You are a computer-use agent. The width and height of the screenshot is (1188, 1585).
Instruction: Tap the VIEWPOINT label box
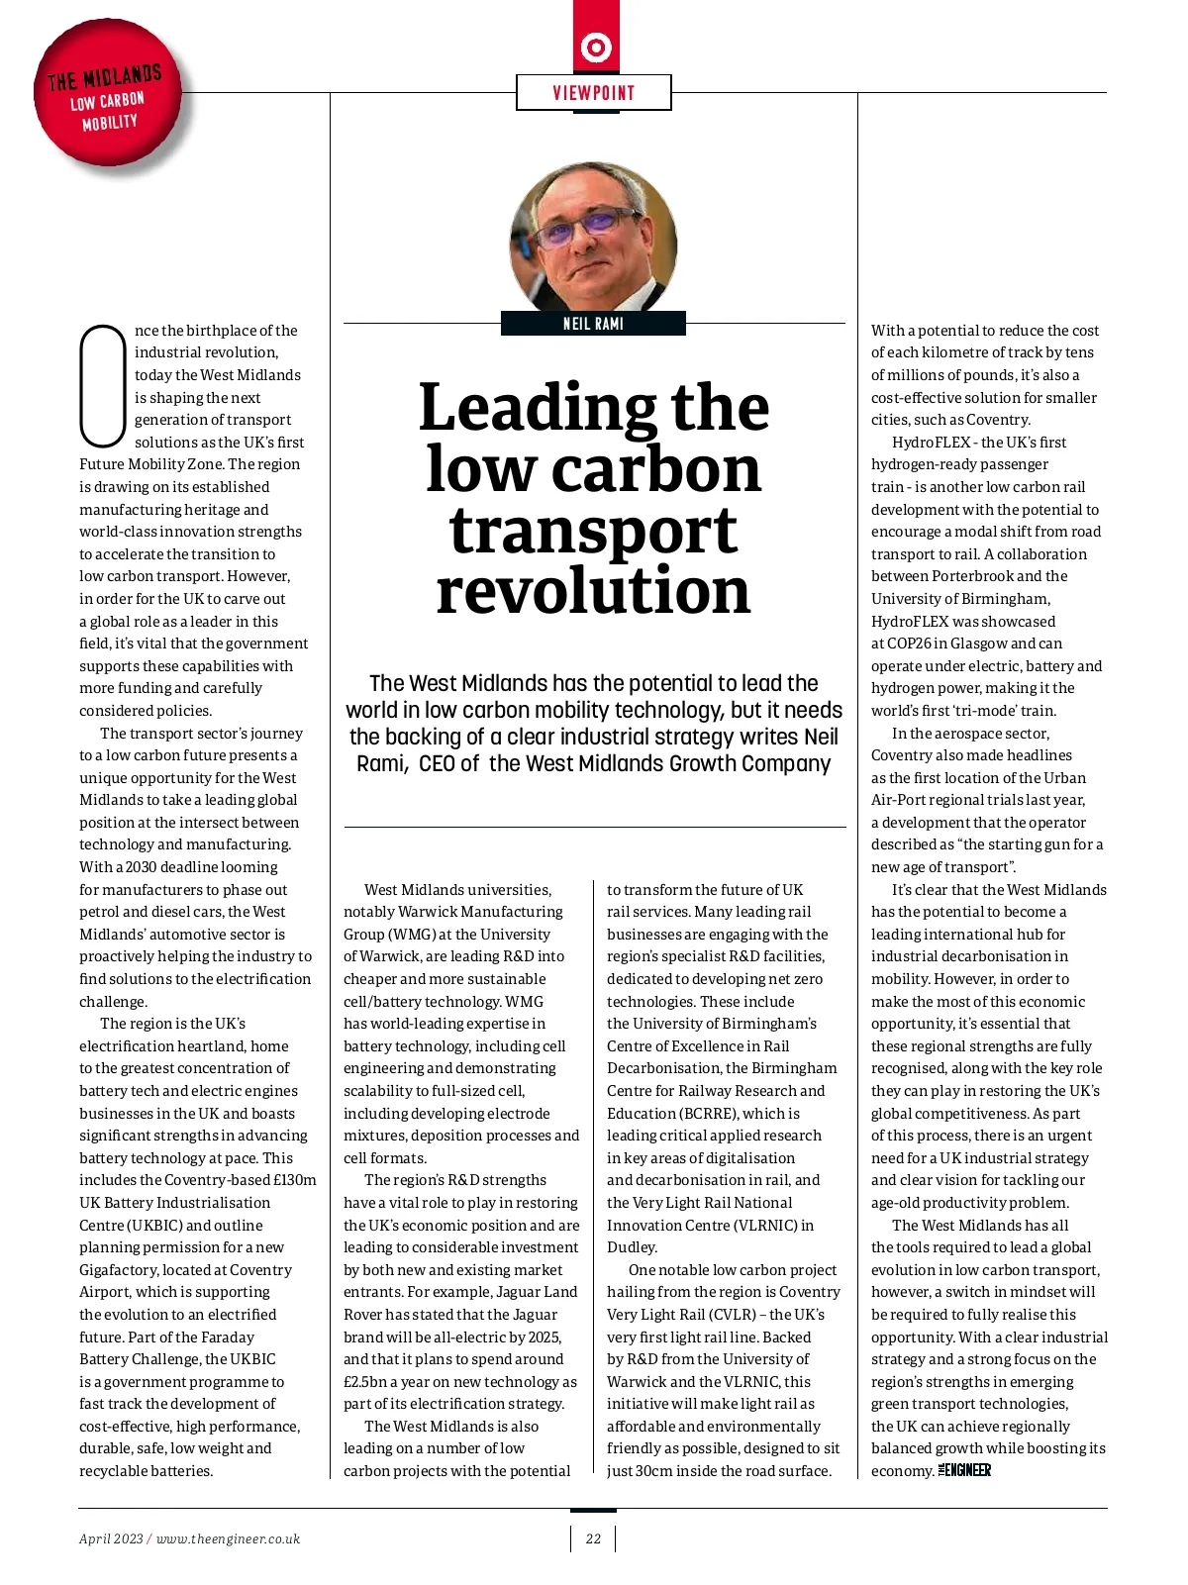(x=594, y=93)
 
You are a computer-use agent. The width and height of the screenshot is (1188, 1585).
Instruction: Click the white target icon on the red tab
(x=596, y=47)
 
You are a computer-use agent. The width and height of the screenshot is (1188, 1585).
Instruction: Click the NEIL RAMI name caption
(x=593, y=324)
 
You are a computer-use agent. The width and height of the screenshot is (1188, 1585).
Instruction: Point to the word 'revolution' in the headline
(x=593, y=592)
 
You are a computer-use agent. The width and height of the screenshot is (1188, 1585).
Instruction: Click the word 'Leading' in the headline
(x=539, y=408)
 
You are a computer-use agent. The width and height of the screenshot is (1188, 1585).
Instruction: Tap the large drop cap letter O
(x=102, y=385)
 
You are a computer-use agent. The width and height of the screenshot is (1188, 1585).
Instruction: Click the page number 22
(x=593, y=1538)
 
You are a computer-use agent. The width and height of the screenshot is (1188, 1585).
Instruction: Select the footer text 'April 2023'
(x=111, y=1538)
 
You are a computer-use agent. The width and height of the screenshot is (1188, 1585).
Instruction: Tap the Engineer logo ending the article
(x=964, y=1470)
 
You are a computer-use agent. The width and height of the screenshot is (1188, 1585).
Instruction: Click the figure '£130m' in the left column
(x=294, y=1180)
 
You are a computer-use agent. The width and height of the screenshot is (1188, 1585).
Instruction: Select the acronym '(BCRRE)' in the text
(x=710, y=1113)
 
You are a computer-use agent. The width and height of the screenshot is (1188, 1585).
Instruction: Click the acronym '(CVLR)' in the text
(x=734, y=1315)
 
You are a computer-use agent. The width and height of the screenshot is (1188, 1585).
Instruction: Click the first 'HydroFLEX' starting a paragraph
(x=931, y=443)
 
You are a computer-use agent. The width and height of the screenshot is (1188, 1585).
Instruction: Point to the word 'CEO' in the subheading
(x=437, y=763)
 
